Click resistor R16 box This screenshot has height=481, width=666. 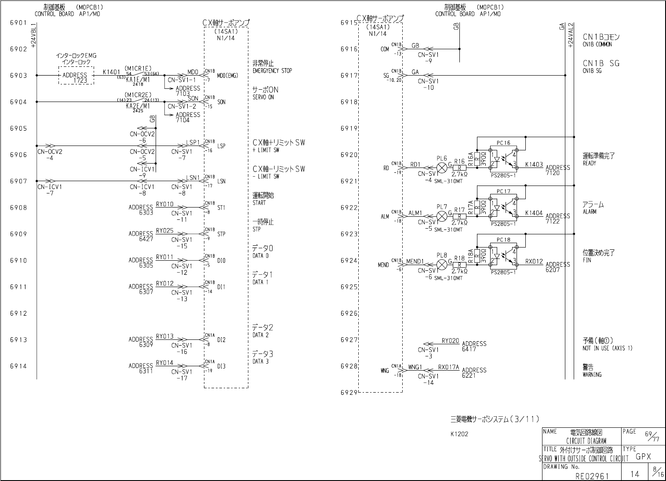459,168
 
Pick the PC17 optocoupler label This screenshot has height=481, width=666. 503,191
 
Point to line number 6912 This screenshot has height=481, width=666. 18,313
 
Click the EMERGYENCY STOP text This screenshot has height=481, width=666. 272,71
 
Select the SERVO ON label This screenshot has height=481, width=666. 263,97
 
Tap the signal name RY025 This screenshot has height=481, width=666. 164,231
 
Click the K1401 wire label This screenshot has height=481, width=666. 111,72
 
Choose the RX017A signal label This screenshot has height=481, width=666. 448,367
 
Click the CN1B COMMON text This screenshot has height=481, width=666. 597,44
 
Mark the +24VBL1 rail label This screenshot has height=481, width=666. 34,35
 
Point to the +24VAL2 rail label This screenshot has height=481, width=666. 570,35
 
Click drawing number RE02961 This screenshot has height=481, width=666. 592,476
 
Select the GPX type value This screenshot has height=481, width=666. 643,457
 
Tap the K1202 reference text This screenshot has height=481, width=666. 459,434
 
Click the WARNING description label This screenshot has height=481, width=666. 592,375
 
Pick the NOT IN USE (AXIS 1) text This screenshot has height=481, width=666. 608,348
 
